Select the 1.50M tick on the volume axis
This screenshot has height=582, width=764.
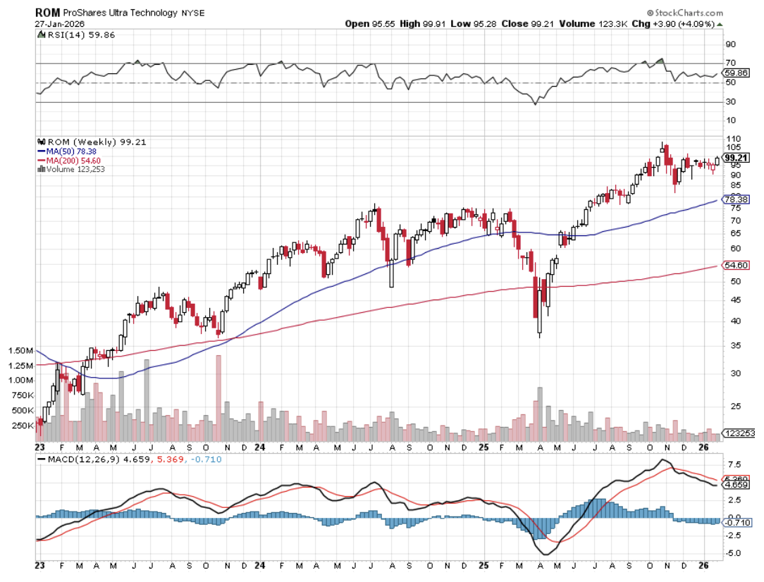[x=21, y=350]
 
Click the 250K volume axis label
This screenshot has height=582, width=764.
[x=23, y=426]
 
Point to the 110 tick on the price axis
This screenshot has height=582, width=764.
[x=731, y=140]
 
